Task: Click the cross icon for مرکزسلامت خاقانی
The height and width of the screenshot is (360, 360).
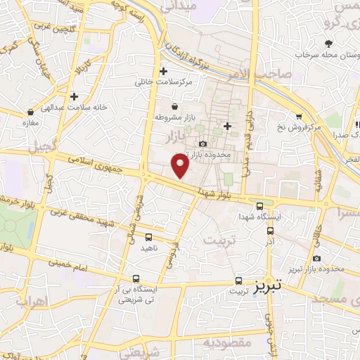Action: tap(164, 71)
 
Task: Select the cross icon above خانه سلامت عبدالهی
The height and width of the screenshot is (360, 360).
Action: tap(74, 96)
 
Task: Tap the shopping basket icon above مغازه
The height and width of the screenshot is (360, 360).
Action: tap(30, 112)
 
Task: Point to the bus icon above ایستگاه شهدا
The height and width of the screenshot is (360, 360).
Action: tap(260, 206)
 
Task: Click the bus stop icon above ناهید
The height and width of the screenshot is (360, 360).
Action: tap(149, 237)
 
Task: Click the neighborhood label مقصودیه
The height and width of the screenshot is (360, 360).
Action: tap(227, 342)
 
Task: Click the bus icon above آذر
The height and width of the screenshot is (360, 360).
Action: tap(270, 230)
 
